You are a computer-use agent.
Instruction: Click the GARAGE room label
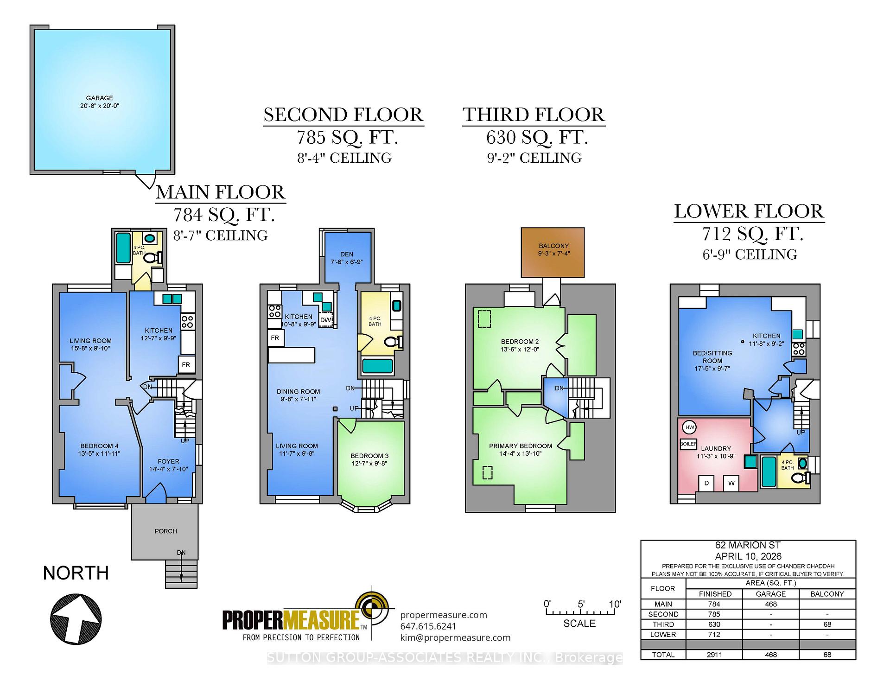[x=100, y=98]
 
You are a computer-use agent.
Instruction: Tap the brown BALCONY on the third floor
[x=553, y=253]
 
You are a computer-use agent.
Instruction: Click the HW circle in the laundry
[x=690, y=427]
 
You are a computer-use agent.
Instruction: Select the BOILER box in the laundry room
[x=688, y=444]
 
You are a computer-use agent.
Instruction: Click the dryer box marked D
[x=706, y=483]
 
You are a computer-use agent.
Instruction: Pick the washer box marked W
[x=731, y=483]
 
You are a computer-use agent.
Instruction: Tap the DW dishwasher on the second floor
[x=326, y=320]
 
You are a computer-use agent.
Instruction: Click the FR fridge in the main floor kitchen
[x=186, y=365]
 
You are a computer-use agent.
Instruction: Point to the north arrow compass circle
[x=76, y=619]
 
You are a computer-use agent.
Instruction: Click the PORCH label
[x=166, y=531]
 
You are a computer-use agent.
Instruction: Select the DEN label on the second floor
[x=347, y=254]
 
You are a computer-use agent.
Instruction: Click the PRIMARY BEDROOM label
[x=521, y=446]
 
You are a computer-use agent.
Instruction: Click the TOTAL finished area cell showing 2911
[x=714, y=655]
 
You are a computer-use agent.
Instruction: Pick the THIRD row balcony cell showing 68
[x=827, y=624]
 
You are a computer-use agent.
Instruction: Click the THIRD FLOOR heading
[x=534, y=115]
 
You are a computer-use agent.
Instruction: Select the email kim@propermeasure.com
[x=456, y=637]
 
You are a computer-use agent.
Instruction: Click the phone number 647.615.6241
[x=428, y=626]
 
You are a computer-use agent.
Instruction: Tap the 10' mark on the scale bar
[x=615, y=605]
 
